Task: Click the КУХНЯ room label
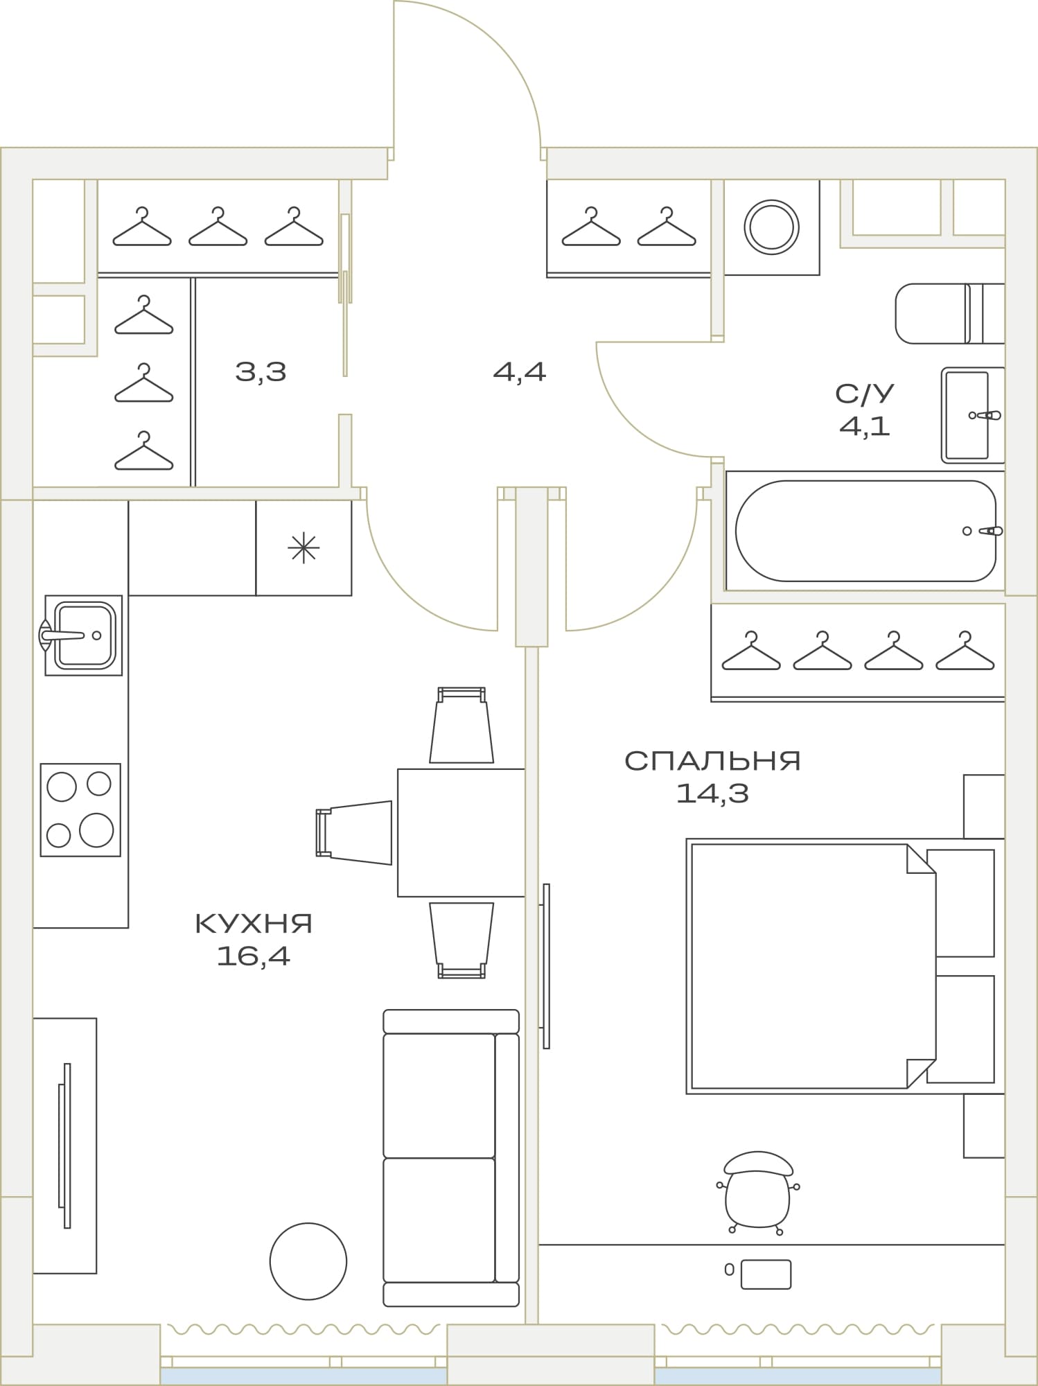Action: tap(254, 924)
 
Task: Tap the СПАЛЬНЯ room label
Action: tap(712, 761)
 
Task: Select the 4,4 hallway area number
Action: tap(520, 372)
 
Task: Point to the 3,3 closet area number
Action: tap(261, 372)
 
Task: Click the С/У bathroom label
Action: tap(865, 394)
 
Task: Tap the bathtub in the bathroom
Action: tap(865, 531)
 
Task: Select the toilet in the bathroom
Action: tap(950, 313)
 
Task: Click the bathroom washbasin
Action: tap(973, 415)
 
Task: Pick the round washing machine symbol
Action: tap(771, 227)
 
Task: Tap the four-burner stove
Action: tap(80, 809)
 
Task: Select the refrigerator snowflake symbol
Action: tap(304, 548)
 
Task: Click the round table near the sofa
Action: tap(308, 1261)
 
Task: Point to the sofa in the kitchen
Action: tap(451, 1158)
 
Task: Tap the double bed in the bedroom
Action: tap(845, 966)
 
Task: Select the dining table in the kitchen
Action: tap(461, 832)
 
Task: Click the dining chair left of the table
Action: tap(354, 832)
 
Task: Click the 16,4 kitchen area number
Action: tap(254, 956)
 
